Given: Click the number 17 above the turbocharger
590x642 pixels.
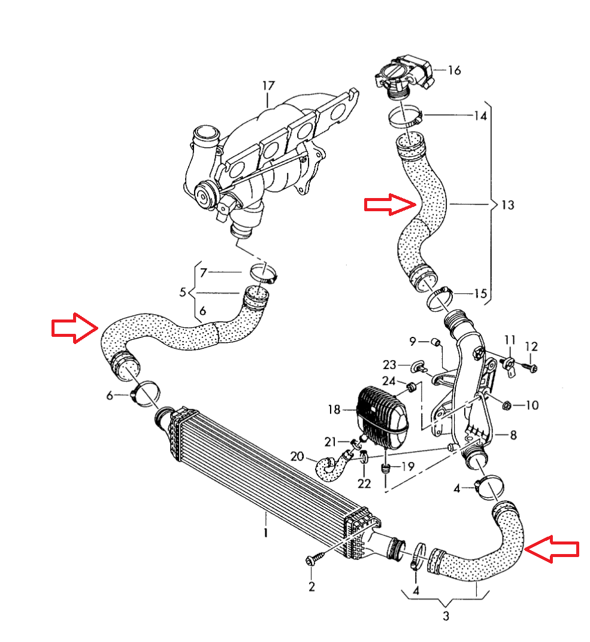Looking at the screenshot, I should pos(267,86).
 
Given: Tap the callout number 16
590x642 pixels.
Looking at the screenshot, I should pos(454,71).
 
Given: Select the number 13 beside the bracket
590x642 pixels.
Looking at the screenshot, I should pos(507,205).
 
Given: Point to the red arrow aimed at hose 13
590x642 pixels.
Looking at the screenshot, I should pos(390,204).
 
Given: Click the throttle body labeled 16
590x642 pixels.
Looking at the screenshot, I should pos(403,77).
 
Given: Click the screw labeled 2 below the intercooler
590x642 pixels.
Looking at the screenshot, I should pos(314,560).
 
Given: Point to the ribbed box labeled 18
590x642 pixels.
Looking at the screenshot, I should pos(382,413).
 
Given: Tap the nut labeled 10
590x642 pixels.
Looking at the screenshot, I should pos(505,405).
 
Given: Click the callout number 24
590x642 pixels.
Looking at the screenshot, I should pos(389,381).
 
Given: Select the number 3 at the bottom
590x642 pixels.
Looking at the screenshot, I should pos(446,616).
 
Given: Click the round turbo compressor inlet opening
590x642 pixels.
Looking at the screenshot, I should pos(207,132).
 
